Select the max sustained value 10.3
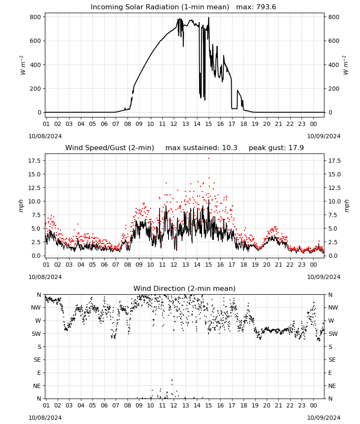coord(230,148)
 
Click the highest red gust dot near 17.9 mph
coord(208,159)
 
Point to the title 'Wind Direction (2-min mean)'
coord(185,288)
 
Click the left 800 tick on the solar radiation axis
coord(36,17)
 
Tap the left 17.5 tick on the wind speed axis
coord(35,161)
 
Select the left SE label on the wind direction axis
coord(37,360)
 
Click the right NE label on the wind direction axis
coord(332,386)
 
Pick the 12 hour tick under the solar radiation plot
coord(174,124)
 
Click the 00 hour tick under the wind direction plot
coord(313,406)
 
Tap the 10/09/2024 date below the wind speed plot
coord(324,277)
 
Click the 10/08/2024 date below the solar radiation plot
coord(45,136)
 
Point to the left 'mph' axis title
coord(21,206)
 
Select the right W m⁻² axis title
coord(346,65)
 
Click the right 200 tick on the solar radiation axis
coord(334,89)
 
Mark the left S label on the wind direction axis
coord(39,347)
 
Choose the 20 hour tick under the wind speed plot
coord(266,265)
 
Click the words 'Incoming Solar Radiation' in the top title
coord(135,7)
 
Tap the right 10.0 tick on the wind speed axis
coord(334,201)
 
